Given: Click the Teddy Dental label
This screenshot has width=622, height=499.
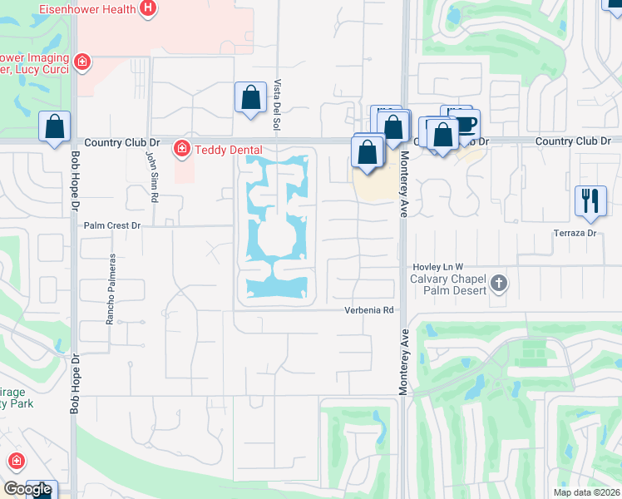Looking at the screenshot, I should click(228, 150).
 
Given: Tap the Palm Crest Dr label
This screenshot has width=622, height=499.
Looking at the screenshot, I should click(112, 225).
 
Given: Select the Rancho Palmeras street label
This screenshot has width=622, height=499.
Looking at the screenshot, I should click(110, 289).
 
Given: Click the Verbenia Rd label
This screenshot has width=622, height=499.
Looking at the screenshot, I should click(369, 310).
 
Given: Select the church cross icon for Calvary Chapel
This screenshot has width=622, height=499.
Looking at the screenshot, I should click(498, 284).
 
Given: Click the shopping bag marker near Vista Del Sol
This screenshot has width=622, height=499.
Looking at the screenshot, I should click(249, 97).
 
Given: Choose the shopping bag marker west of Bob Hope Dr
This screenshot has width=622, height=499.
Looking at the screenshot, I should click(54, 127).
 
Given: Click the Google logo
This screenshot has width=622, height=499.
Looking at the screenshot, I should click(27, 489).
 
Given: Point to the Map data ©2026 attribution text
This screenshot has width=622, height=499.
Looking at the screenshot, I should click(586, 492).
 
